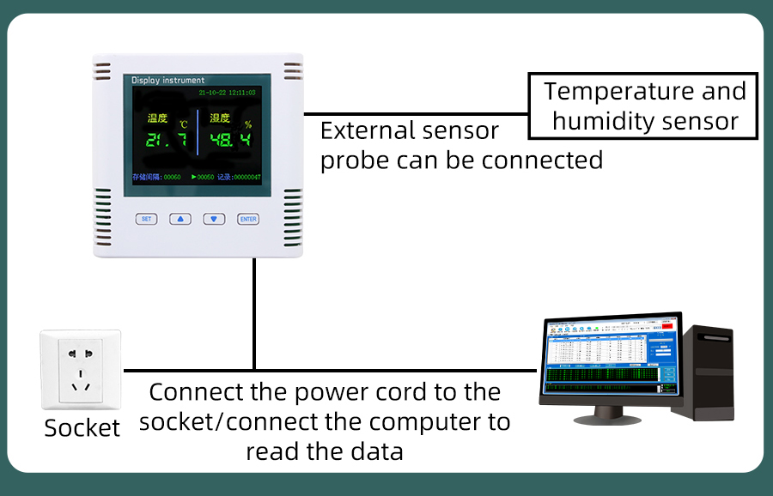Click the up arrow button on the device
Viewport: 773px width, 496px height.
click(180, 219)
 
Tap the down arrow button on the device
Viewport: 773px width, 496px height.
click(214, 219)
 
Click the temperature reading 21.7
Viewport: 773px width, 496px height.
click(165, 141)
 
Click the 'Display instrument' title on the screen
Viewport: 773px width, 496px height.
click(167, 80)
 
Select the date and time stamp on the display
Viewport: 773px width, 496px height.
click(227, 92)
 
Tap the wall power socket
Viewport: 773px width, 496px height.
click(81, 371)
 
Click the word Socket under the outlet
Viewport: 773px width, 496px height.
click(82, 428)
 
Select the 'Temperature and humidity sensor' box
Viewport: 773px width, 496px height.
click(642, 106)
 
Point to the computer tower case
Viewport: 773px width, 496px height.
click(702, 372)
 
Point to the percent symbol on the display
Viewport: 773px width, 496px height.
click(247, 124)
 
